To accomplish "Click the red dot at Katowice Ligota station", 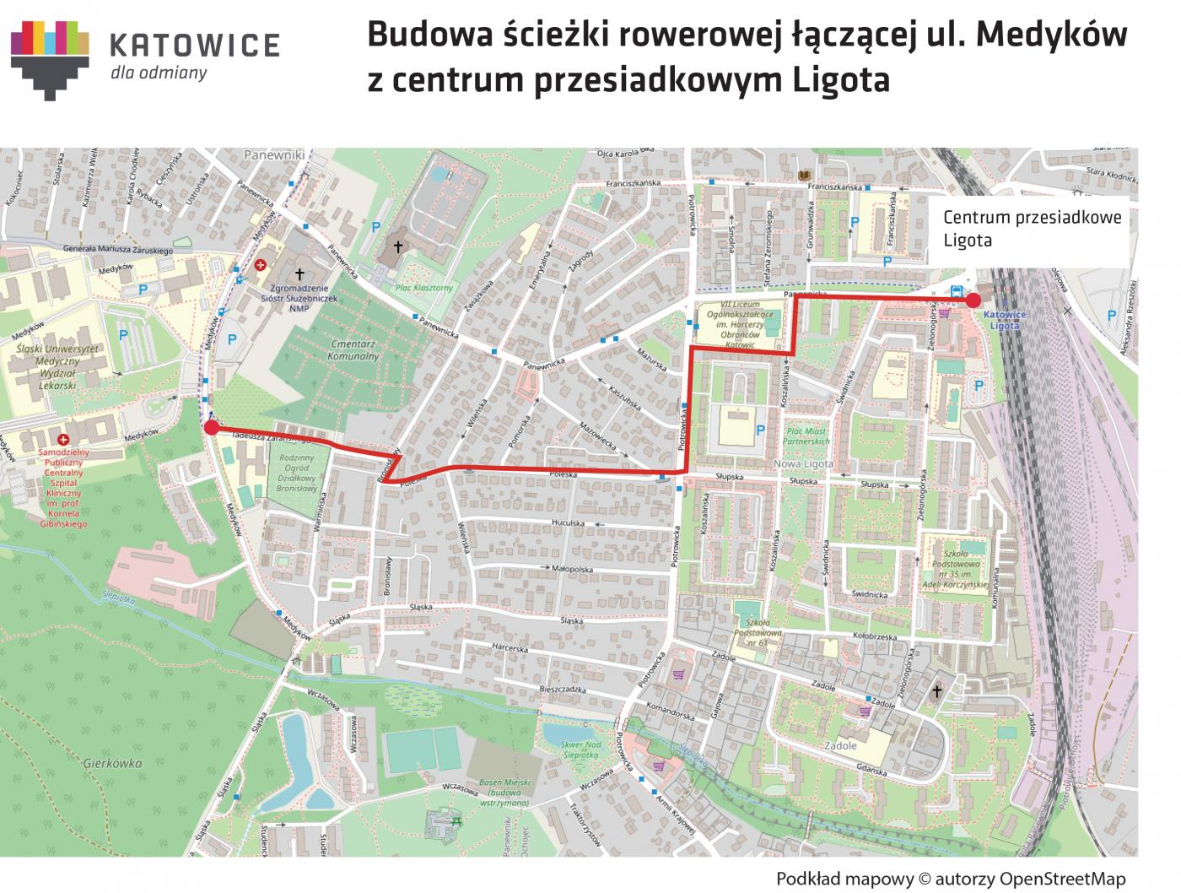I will pyautogui.click(x=973, y=300).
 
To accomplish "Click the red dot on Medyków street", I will pyautogui.click(x=211, y=428).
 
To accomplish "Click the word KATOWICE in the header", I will pyautogui.click(x=195, y=46).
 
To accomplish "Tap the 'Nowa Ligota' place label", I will pyautogui.click(x=803, y=464).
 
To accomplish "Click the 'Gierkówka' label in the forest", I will pyautogui.click(x=113, y=763).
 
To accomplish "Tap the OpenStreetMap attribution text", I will pyautogui.click(x=951, y=879).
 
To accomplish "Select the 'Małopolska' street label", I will pyautogui.click(x=574, y=570).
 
